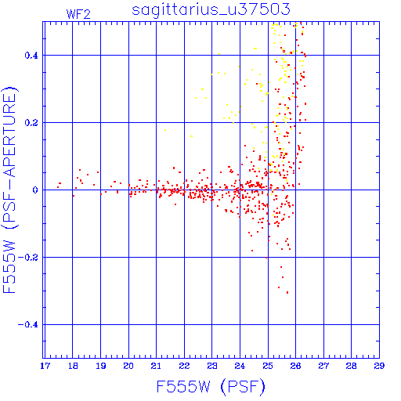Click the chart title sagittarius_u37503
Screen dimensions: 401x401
(x=211, y=10)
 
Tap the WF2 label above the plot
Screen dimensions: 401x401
(x=78, y=14)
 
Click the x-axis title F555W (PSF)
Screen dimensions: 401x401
(x=211, y=387)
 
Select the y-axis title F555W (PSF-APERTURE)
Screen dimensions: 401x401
(x=10, y=190)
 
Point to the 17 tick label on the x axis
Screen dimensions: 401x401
(x=45, y=366)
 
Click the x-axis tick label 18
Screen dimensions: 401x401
(x=73, y=366)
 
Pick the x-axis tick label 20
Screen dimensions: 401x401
(x=128, y=366)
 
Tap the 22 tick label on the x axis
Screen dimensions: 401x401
(x=184, y=366)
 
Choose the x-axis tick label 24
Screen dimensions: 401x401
(x=240, y=366)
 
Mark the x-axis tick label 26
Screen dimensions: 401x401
(x=295, y=366)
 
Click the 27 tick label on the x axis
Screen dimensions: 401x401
(x=323, y=366)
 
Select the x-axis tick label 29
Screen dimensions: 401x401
(x=379, y=366)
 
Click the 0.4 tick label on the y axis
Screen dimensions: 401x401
(x=31, y=56)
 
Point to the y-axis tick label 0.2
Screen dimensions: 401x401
(x=31, y=123)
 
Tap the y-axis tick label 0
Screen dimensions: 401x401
(x=35, y=190)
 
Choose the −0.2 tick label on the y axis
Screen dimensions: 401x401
(x=28, y=258)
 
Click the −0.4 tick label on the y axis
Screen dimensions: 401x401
(x=28, y=325)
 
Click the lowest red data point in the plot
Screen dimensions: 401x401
(x=287, y=293)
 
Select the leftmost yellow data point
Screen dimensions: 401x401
(x=165, y=130)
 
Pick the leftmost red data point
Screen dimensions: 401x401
(x=58, y=187)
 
